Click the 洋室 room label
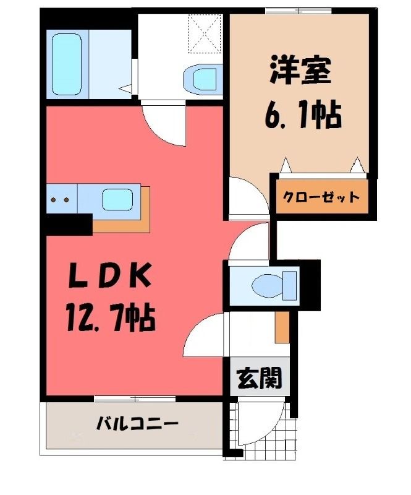coord(300,70)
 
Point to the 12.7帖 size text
coord(111,317)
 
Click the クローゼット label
coord(321,197)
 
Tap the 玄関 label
coord(259,378)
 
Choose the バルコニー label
coord(137,424)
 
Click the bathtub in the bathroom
coord(67,64)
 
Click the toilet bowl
coord(274,286)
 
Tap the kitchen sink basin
coord(117,200)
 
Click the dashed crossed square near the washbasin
coord(204,33)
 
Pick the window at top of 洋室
coord(298,11)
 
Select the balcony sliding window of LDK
coord(135,398)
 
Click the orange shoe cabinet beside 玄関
coord(282,327)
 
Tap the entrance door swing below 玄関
coord(261,424)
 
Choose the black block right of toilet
coord(310,285)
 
